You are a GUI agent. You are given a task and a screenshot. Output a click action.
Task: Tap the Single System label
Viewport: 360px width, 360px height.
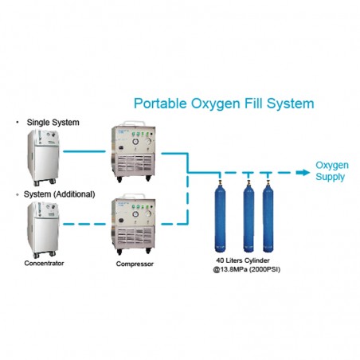coord(53,123)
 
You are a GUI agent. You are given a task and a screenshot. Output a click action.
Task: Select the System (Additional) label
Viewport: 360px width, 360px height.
coord(59,194)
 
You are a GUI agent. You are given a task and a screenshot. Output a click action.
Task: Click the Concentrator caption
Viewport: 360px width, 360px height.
coord(44,263)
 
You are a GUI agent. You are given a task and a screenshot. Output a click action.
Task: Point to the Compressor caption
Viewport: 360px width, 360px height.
coord(135,264)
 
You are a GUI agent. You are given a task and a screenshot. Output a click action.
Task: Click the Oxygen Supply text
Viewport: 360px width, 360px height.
coord(332,171)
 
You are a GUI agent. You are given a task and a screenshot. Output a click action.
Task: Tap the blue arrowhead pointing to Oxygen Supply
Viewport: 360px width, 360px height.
coord(303,173)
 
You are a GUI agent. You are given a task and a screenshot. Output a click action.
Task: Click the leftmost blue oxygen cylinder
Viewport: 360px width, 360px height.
coord(220,216)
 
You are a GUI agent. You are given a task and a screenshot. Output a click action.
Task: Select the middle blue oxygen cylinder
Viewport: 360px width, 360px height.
coord(248,216)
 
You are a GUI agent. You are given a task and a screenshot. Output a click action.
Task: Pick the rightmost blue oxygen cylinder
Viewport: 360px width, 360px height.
coord(268,216)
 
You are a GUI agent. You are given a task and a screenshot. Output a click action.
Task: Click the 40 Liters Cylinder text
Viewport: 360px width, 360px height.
coord(243,260)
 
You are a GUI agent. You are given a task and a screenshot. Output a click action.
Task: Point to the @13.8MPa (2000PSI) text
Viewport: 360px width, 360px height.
coord(246,269)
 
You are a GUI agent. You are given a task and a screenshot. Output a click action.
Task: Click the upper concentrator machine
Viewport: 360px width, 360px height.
coord(43,158)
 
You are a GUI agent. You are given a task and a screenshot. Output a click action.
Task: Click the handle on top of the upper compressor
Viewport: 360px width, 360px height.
coord(134,123)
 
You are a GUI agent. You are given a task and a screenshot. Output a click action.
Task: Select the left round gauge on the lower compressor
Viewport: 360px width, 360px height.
coord(135,214)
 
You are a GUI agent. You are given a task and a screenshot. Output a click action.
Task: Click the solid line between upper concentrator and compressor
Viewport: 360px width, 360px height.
coord(84,151)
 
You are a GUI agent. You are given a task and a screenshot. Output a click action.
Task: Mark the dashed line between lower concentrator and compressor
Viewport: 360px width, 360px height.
coord(84,224)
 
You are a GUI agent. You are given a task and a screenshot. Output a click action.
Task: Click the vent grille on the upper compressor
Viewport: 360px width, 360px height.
coord(135,163)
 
